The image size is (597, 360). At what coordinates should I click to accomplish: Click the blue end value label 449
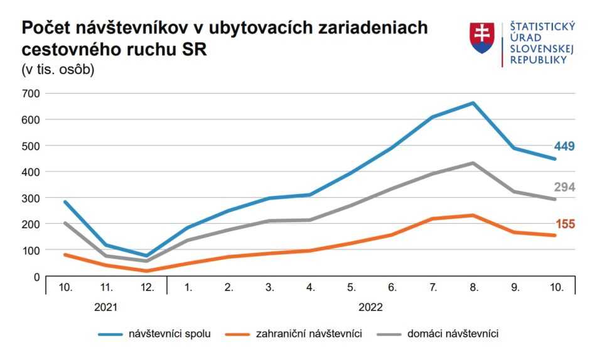564,146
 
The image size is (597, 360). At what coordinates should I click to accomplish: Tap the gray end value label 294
564,187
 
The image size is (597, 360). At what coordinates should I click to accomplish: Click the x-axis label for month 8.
474,288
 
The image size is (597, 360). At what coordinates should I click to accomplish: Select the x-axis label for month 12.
148,288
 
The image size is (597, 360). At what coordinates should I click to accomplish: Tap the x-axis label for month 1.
188,288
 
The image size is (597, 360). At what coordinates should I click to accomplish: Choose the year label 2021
106,308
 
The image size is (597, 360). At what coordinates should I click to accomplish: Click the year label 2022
370,308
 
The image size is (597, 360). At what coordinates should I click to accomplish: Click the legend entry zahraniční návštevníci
309,334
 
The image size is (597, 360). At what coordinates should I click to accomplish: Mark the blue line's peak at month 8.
473,103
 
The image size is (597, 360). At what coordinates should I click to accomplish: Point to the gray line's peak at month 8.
473,163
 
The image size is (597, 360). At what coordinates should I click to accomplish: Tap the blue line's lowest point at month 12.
147,256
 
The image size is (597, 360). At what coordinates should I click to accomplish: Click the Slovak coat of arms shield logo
481,38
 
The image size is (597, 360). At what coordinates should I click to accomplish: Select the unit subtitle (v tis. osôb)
58,70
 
